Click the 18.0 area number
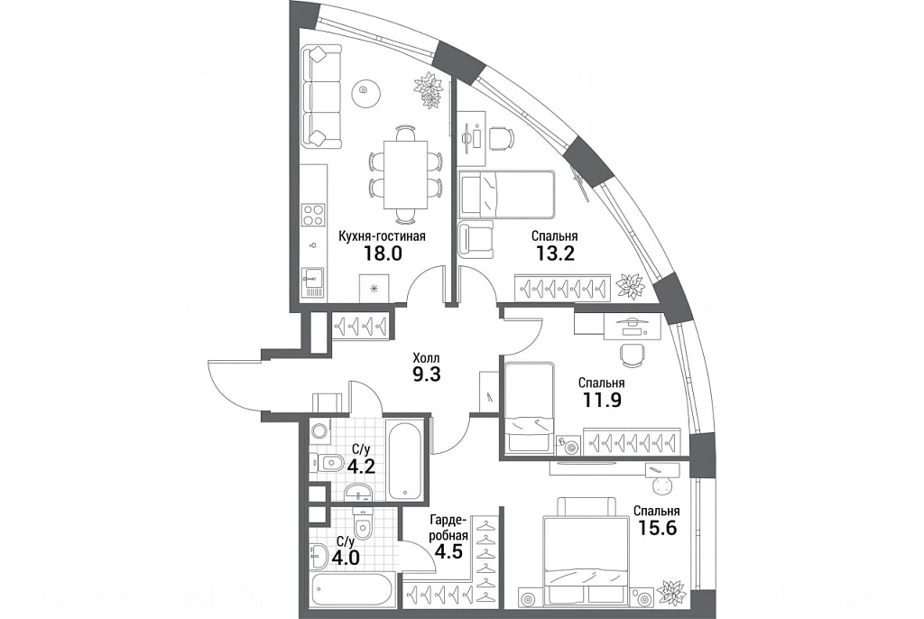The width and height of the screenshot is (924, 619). click(x=383, y=254)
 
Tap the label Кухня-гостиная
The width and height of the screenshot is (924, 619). click(x=382, y=236)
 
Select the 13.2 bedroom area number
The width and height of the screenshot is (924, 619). click(x=555, y=254)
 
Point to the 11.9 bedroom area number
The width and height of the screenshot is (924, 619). click(x=602, y=401)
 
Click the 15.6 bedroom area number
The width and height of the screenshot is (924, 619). click(x=658, y=528)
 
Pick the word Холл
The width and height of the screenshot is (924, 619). click(x=426, y=358)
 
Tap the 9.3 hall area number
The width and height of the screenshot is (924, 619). click(x=427, y=375)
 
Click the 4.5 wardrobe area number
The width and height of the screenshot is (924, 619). click(x=448, y=552)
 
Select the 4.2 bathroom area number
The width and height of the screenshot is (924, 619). click(x=361, y=467)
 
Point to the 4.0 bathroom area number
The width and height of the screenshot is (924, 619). click(x=346, y=557)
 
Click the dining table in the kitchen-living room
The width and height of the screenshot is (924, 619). click(x=405, y=174)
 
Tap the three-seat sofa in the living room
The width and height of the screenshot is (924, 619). click(x=322, y=97)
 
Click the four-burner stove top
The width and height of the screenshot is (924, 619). click(x=313, y=215)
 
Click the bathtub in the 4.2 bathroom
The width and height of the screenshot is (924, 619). click(x=405, y=458)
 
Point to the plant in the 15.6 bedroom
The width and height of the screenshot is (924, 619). click(x=671, y=593)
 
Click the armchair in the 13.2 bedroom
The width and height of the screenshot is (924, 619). click(x=476, y=239)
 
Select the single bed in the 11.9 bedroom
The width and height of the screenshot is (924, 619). click(x=529, y=407)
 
